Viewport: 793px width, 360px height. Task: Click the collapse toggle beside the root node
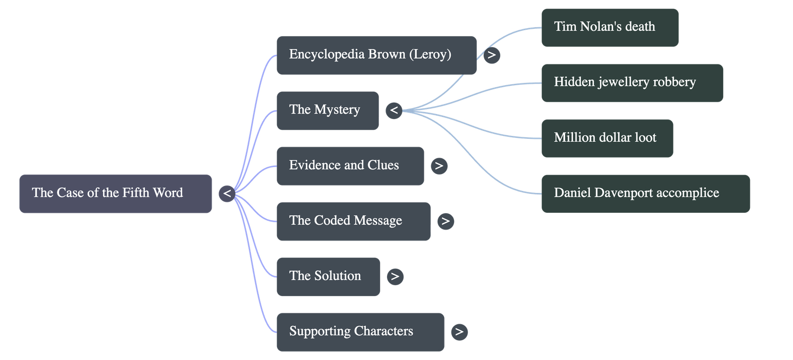[227, 193]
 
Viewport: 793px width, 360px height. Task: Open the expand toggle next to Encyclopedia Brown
[491, 55]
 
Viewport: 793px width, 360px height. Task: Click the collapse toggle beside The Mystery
[394, 110]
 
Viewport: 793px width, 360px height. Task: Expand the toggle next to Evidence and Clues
[439, 166]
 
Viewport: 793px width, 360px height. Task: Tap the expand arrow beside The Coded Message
[445, 221]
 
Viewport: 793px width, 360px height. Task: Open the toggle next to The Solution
[395, 276]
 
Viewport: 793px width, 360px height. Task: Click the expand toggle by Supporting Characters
[459, 332]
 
